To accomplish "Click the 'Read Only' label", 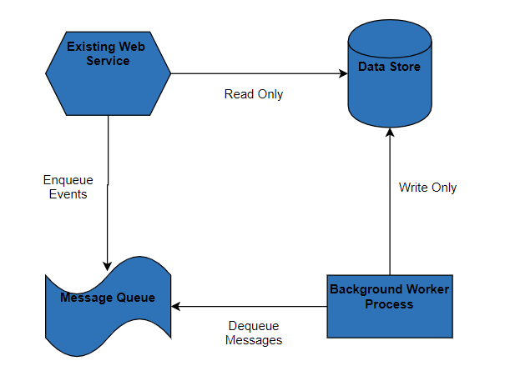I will (x=254, y=94).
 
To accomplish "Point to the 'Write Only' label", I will (x=427, y=188).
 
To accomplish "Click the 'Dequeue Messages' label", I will (x=254, y=333).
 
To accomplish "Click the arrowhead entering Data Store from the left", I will (x=342, y=73).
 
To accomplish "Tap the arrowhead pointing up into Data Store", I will (x=389, y=132).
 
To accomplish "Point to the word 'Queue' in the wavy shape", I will (x=134, y=298).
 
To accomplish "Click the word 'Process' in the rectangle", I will (x=389, y=304).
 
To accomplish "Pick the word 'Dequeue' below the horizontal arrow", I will (x=253, y=326).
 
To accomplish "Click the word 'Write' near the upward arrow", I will (x=413, y=188).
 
